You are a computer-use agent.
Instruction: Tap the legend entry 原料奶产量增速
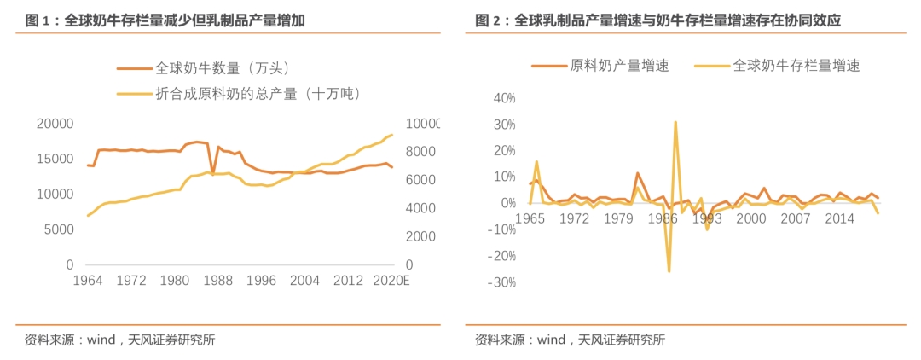click(x=619, y=65)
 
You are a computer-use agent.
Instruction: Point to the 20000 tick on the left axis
click(x=55, y=124)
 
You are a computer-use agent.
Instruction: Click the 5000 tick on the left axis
click(x=60, y=229)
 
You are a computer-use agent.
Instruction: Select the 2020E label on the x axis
click(x=392, y=281)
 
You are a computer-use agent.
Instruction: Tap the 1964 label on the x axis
click(x=88, y=281)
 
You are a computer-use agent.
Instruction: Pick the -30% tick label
click(x=501, y=282)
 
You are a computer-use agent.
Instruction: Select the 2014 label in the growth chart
click(x=839, y=218)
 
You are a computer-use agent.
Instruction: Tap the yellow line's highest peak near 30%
click(x=675, y=122)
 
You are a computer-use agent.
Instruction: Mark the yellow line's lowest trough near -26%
click(x=669, y=271)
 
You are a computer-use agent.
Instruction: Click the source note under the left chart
click(x=119, y=340)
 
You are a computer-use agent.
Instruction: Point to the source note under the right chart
click(x=569, y=340)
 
